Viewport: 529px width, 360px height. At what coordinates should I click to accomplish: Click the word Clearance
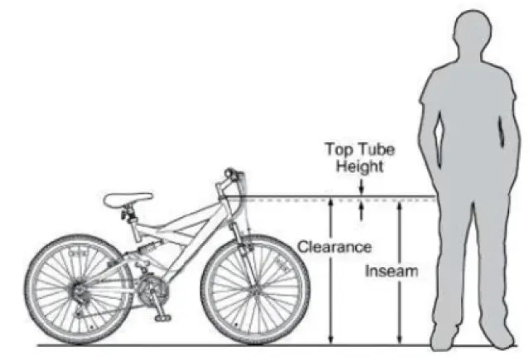[x=334, y=247]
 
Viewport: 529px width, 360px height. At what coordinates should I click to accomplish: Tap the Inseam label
[x=392, y=271]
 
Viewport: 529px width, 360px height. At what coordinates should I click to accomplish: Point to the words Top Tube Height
[x=360, y=158]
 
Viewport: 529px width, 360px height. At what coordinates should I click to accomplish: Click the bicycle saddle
[x=128, y=199]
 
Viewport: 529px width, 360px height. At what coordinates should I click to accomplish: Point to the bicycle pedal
[x=162, y=316]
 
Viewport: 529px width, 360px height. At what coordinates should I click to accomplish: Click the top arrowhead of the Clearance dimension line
[x=330, y=204]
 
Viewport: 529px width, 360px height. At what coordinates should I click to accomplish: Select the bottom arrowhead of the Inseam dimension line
[x=400, y=338]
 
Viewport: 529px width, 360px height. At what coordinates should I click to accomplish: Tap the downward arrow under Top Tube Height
[x=361, y=190]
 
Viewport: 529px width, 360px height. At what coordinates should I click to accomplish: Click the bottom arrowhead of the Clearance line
[x=330, y=338]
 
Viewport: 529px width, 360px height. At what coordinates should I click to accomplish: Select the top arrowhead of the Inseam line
[x=400, y=204]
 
